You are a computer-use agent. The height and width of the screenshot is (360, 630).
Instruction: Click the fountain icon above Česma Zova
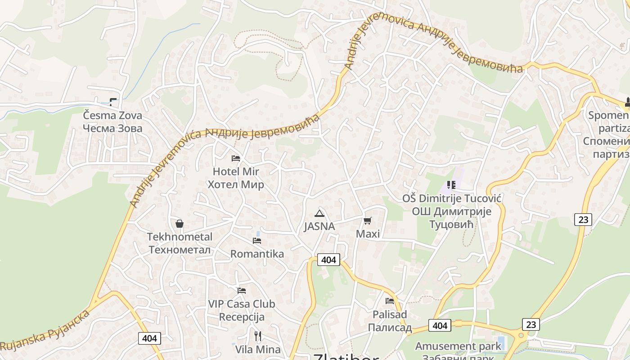(113, 102)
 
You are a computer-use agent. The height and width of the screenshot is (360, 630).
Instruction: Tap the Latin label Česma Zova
(112, 116)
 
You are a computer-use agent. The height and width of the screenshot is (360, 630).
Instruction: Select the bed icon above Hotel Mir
(236, 158)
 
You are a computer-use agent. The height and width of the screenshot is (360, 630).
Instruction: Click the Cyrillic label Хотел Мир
(236, 184)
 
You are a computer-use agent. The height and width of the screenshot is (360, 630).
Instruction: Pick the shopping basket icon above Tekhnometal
(179, 224)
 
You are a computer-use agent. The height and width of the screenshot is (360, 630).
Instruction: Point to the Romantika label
(257, 254)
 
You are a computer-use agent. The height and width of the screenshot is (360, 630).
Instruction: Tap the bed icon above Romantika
(257, 241)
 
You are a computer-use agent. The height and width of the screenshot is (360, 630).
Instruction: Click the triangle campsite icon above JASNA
(319, 213)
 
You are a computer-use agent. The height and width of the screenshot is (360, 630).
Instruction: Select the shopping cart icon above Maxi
(368, 220)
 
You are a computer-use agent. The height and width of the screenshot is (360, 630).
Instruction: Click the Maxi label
(368, 234)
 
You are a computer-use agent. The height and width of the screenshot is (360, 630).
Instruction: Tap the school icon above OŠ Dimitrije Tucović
(451, 185)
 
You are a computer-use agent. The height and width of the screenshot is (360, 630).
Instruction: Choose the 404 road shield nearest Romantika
(328, 260)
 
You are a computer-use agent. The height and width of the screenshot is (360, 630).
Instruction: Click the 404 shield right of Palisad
(439, 325)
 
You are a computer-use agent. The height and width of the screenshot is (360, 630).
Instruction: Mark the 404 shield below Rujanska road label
(149, 338)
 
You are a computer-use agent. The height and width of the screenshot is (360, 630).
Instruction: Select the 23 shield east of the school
(583, 220)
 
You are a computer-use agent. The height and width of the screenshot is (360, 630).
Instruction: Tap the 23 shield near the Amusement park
(531, 324)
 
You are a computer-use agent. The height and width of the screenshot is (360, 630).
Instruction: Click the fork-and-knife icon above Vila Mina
(258, 336)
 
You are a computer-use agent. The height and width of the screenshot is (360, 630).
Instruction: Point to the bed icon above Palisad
(390, 301)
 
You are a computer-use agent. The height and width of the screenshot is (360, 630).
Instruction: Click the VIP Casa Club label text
(242, 304)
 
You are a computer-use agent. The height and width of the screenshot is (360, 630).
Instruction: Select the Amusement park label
(458, 346)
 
